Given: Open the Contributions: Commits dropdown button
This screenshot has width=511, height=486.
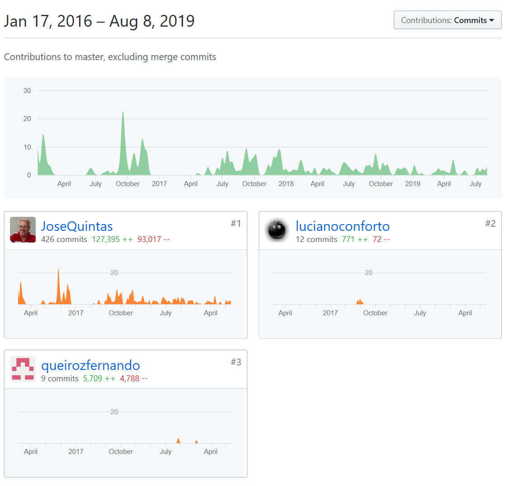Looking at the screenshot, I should (x=447, y=20).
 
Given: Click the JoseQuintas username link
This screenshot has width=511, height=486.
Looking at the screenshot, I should (x=77, y=226).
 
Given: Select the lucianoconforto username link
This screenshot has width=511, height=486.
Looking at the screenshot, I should (x=342, y=226).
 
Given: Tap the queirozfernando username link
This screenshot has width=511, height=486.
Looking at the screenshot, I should (x=90, y=365).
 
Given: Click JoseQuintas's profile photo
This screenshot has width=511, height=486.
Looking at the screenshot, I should (x=23, y=230).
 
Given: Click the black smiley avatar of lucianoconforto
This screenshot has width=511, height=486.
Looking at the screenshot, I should (x=277, y=230).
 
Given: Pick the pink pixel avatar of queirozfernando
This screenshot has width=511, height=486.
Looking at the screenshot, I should (x=23, y=369).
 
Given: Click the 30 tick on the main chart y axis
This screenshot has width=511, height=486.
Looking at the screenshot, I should (x=28, y=91).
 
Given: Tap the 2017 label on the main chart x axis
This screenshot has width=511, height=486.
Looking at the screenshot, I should (x=159, y=184).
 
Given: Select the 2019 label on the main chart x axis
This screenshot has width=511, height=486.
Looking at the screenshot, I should (x=413, y=184).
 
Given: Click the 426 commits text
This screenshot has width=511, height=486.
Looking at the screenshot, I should (x=64, y=239).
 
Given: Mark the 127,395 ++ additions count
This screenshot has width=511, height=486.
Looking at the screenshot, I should (x=112, y=239).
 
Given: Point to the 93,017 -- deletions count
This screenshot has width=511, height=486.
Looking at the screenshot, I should (x=154, y=239).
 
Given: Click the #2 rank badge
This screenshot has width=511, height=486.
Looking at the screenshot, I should (x=490, y=224).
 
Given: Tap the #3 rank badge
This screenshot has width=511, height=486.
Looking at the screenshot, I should (x=236, y=362).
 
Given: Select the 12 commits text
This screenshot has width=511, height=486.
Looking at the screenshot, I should (x=316, y=239).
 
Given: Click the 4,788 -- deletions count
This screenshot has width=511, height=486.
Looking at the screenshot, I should (x=134, y=379).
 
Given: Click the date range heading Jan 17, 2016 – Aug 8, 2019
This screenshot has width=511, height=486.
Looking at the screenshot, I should (x=99, y=21).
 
